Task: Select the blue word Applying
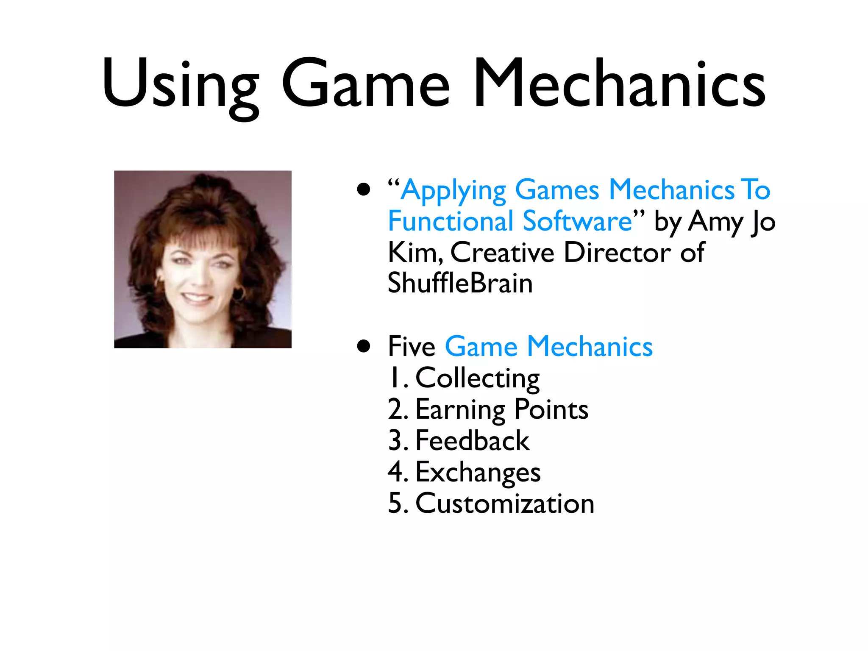(x=453, y=191)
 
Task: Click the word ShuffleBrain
(x=460, y=283)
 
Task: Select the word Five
(x=412, y=347)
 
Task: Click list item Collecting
(x=477, y=378)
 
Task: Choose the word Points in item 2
(x=551, y=410)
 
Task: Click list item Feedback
(x=472, y=441)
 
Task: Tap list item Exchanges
(x=478, y=473)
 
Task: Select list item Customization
(x=505, y=504)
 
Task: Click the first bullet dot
(x=364, y=189)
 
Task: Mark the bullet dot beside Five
(x=364, y=346)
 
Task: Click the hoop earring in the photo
(x=239, y=293)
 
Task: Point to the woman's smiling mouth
(x=196, y=297)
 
